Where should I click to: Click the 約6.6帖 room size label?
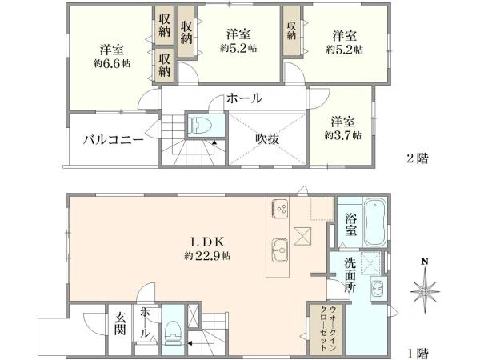point(111,65)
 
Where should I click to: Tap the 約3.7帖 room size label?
point(343,135)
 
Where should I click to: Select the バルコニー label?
point(114,138)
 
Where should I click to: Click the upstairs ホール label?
point(244,98)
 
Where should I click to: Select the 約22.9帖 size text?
point(207,256)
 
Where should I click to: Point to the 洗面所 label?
point(350,274)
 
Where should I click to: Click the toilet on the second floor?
point(198,126)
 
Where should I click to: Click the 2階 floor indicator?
point(417,158)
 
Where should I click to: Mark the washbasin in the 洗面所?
point(376,287)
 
